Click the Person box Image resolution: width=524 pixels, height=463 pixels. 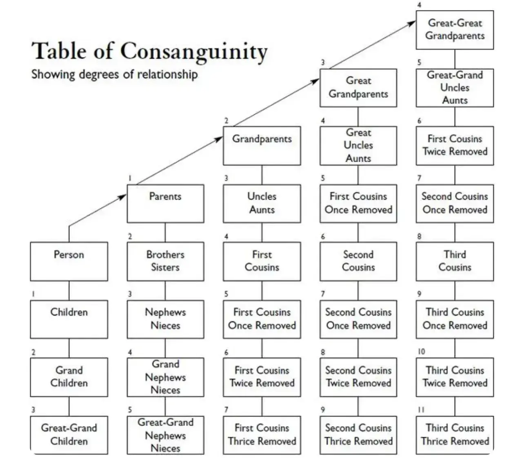click(x=69, y=261)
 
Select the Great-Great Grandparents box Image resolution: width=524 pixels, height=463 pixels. click(x=455, y=30)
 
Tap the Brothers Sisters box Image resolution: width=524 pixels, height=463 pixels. click(x=165, y=261)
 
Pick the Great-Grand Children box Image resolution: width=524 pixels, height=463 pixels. click(x=69, y=435)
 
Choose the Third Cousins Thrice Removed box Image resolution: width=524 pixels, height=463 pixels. click(x=455, y=435)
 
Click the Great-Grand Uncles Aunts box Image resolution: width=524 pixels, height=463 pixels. click(x=455, y=88)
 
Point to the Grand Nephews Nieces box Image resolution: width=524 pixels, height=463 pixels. click(x=165, y=377)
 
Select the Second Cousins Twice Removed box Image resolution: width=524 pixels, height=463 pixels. click(x=358, y=377)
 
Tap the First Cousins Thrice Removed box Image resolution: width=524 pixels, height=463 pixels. click(x=262, y=435)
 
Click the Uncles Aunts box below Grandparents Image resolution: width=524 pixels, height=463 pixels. click(x=262, y=203)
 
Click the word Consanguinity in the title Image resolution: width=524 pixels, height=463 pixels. click(x=193, y=52)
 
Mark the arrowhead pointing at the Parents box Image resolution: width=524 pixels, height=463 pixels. click(x=123, y=197)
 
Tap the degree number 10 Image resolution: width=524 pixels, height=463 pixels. click(x=421, y=352)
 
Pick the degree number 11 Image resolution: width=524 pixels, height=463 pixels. click(x=421, y=410)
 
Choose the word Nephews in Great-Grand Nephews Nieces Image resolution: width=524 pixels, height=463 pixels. click(x=165, y=436)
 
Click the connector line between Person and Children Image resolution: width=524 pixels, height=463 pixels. click(x=69, y=291)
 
